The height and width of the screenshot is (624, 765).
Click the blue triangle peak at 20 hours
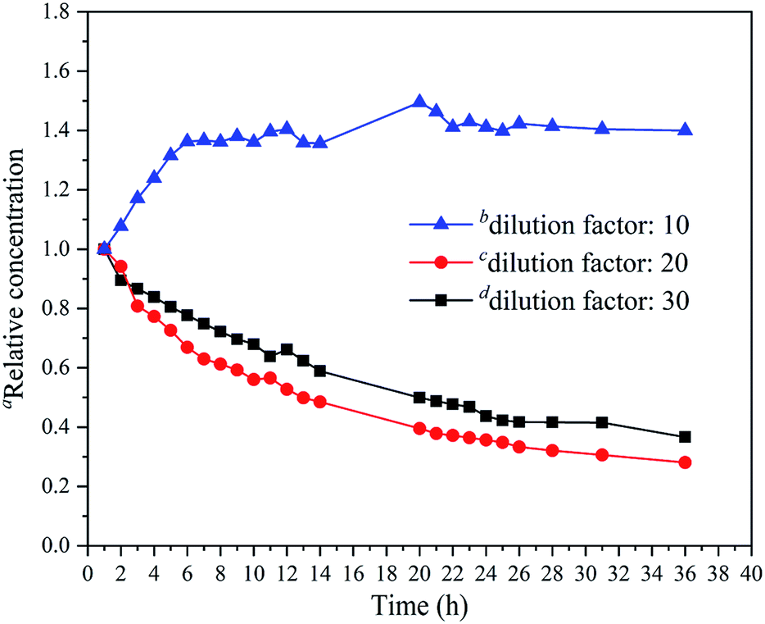coord(419,102)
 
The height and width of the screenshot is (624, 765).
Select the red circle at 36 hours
coord(685,462)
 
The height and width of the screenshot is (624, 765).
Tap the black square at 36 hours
coord(685,437)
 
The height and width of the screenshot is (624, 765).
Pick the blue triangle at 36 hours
coord(685,130)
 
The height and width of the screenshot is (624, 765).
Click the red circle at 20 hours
coord(419,429)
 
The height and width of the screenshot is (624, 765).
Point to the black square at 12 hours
coord(287,349)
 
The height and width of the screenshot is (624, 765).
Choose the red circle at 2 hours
coord(121,266)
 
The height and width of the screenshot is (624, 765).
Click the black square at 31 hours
coord(602,422)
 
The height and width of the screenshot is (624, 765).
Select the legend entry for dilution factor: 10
coord(565,223)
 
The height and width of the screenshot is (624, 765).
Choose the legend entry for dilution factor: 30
coord(565,300)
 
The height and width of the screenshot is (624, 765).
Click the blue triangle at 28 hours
coord(552,125)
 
